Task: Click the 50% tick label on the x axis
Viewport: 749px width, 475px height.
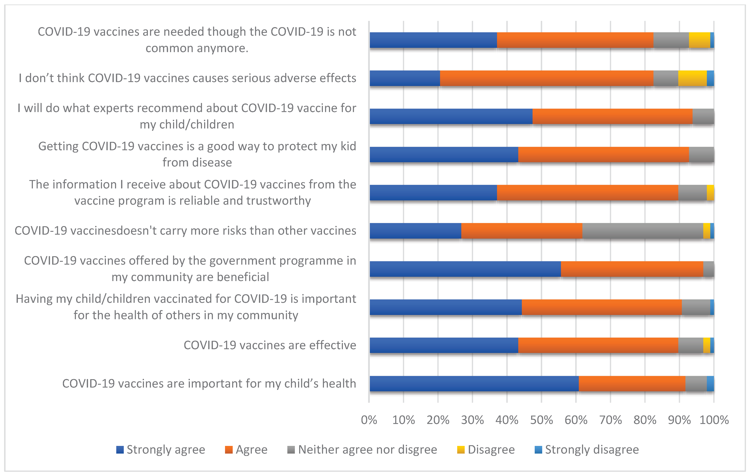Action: pyautogui.click(x=541, y=420)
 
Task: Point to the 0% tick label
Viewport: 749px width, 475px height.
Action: pyautogui.click(x=369, y=420)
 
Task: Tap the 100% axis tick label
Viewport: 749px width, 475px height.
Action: pyautogui.click(x=714, y=420)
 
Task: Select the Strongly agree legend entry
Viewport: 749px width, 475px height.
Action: pyautogui.click(x=161, y=449)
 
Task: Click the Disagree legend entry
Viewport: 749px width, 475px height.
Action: pyautogui.click(x=486, y=449)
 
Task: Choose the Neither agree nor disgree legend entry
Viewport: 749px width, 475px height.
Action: pyautogui.click(x=362, y=449)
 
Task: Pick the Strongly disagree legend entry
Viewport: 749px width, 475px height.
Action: pyautogui.click(x=587, y=449)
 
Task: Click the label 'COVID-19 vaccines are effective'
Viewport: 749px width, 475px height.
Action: pyautogui.click(x=270, y=345)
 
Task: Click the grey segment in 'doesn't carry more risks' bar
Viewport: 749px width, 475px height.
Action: pyautogui.click(x=643, y=231)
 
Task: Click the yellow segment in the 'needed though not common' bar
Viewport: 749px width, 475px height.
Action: pyautogui.click(x=700, y=40)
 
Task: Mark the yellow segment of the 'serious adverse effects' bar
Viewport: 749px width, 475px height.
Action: pyautogui.click(x=692, y=78)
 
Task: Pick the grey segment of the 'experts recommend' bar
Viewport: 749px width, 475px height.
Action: pyautogui.click(x=703, y=116)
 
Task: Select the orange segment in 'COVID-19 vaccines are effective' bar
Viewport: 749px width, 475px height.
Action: pyautogui.click(x=598, y=345)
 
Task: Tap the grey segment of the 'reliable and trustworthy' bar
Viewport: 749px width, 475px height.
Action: pyautogui.click(x=692, y=192)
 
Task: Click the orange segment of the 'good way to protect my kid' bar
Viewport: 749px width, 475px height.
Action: pyautogui.click(x=603, y=155)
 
